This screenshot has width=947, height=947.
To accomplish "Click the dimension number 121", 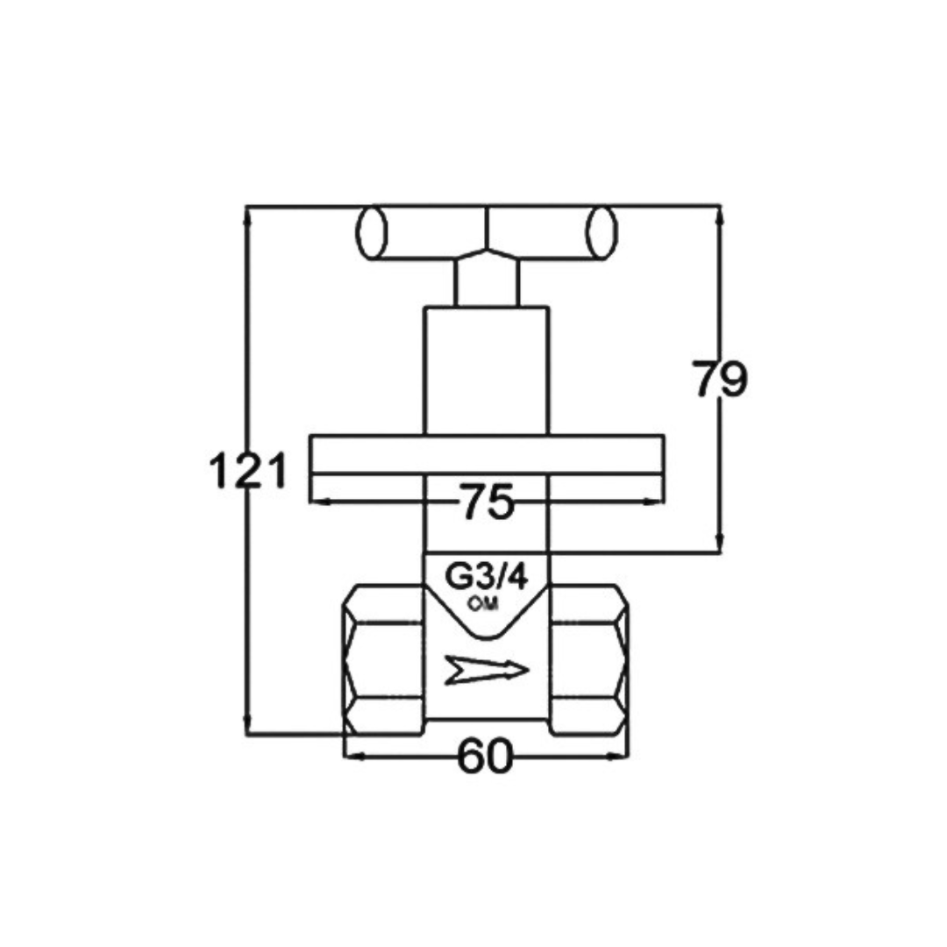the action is tap(247, 471).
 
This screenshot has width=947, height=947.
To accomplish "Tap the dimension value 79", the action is tap(719, 380).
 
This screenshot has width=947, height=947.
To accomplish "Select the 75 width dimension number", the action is tap(486, 502).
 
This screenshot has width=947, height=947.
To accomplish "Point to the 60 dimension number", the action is tap(485, 756).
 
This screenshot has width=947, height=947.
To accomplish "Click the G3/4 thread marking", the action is tap(486, 577).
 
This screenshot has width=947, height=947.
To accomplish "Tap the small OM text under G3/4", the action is tap(483, 603).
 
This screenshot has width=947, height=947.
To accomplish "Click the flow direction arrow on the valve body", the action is tap(486, 670).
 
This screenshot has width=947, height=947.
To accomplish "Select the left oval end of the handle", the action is tap(372, 232).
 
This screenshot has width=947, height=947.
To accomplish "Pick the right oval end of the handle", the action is tap(601, 232).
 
